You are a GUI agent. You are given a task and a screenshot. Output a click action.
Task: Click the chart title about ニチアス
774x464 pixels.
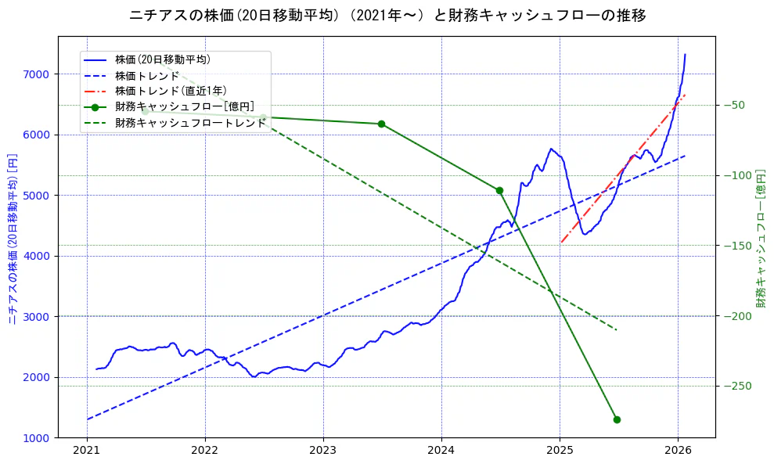pos(387,15)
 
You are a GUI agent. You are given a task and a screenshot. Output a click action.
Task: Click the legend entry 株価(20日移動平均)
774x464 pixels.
pos(162,59)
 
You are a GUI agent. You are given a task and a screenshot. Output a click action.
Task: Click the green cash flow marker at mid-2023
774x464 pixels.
pos(381,124)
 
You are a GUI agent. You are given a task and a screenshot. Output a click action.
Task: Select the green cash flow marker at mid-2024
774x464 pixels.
pos(499,190)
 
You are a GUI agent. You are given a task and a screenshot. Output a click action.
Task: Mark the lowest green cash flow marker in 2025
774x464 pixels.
pos(617,419)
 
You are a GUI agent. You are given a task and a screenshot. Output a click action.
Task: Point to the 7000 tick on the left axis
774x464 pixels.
pos(37,74)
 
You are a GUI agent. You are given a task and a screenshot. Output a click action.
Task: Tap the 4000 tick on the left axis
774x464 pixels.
pos(37,256)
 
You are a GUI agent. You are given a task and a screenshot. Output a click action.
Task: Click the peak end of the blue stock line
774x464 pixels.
pos(685,54)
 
